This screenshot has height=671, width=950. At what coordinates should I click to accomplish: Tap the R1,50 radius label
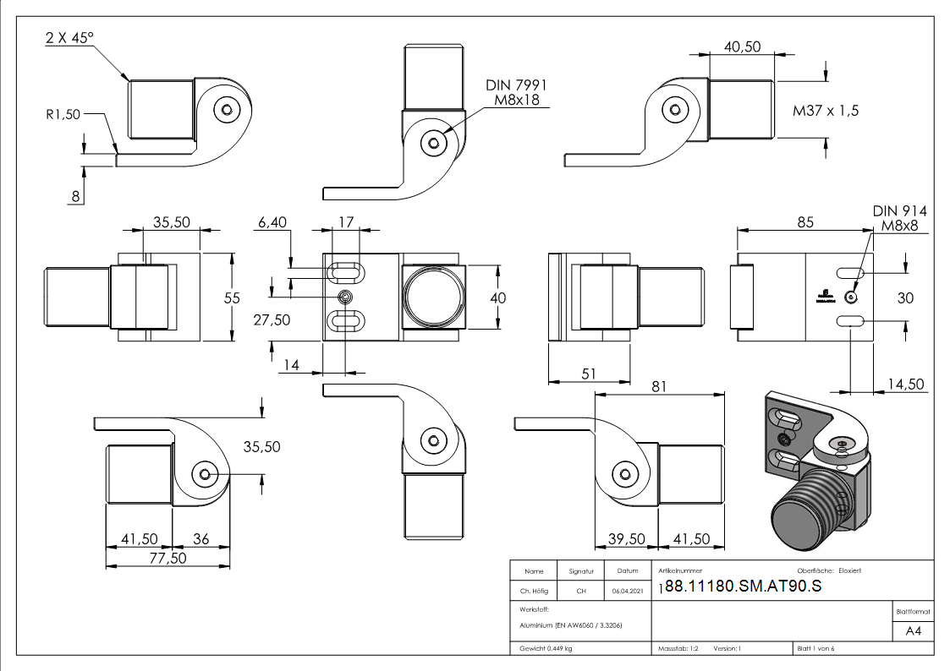pyautogui.click(x=63, y=114)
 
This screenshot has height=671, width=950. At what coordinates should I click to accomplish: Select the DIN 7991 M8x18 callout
pyautogui.click(x=516, y=93)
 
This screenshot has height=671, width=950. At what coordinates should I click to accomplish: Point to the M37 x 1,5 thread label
pyautogui.click(x=826, y=111)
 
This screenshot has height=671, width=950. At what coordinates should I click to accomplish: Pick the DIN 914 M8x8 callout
pyautogui.click(x=899, y=218)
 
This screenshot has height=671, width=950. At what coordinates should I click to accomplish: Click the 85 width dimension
pyautogui.click(x=804, y=222)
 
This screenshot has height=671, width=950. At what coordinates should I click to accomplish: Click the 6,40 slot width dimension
pyautogui.click(x=273, y=222)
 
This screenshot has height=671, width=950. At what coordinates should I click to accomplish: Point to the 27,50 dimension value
pyautogui.click(x=271, y=319)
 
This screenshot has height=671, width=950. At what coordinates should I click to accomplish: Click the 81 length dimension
pyautogui.click(x=660, y=386)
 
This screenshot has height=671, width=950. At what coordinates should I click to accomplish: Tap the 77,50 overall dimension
pyautogui.click(x=167, y=559)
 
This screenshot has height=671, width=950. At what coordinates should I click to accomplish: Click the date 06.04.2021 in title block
pyautogui.click(x=627, y=592)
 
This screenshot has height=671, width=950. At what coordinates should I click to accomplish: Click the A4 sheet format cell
pyautogui.click(x=914, y=631)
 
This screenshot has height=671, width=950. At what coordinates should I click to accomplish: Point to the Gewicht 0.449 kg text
pyautogui.click(x=543, y=648)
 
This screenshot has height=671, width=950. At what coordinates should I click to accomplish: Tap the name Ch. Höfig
pyautogui.click(x=534, y=592)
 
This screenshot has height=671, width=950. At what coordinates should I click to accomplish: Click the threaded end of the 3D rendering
pyautogui.click(x=804, y=516)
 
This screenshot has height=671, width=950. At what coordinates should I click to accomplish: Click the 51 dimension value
pyautogui.click(x=589, y=374)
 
